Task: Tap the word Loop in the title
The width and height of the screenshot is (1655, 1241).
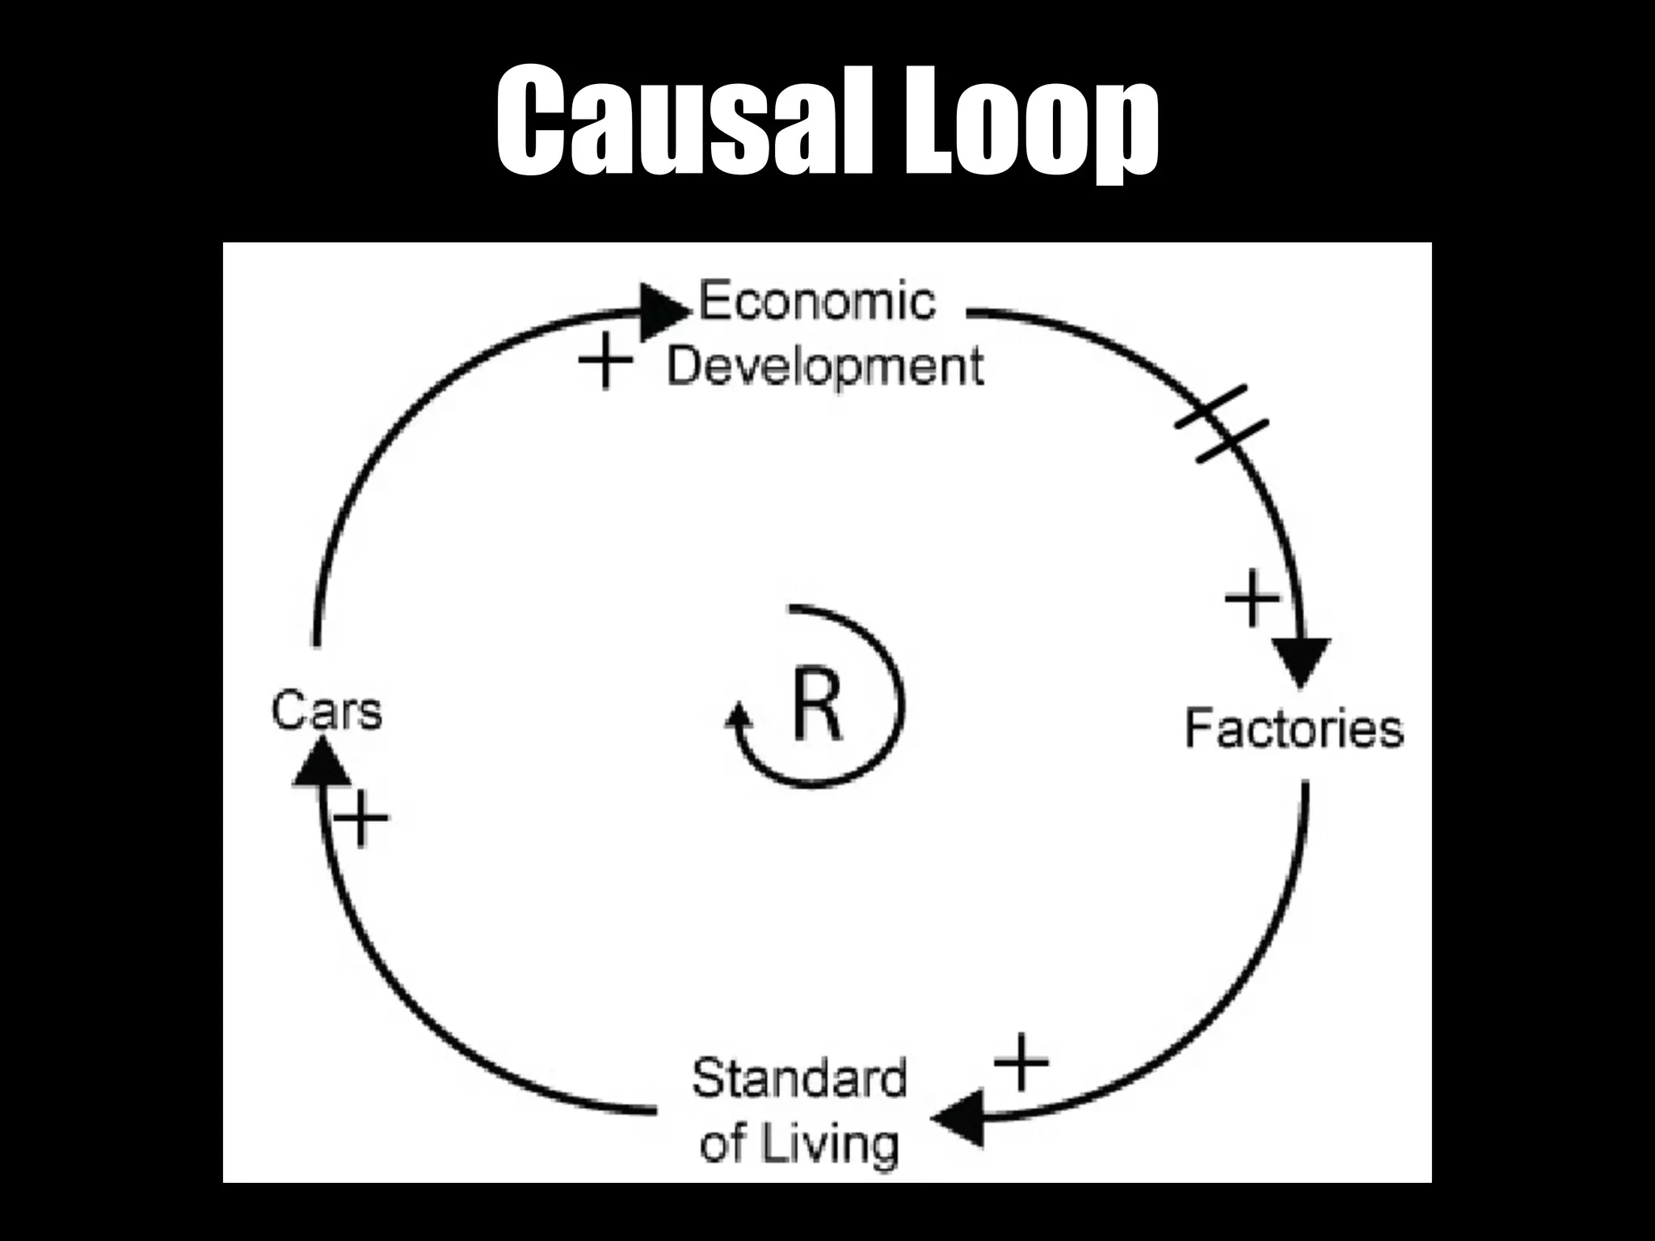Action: [x=1030, y=121]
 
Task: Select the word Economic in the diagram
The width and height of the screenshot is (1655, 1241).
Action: [x=816, y=301]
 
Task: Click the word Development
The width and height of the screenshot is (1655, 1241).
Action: [x=824, y=366]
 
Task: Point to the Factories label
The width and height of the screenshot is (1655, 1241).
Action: [x=1293, y=729]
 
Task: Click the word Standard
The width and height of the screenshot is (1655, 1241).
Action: [x=798, y=1079]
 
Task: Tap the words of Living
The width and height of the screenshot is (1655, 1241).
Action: [x=798, y=1143]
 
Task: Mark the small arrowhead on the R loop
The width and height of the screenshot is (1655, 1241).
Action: [x=738, y=717]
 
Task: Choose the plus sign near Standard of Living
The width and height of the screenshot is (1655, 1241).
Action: [x=1021, y=1061]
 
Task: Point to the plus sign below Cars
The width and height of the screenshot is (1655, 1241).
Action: [x=361, y=818]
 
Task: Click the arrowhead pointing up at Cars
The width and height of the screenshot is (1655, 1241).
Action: [x=321, y=764]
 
